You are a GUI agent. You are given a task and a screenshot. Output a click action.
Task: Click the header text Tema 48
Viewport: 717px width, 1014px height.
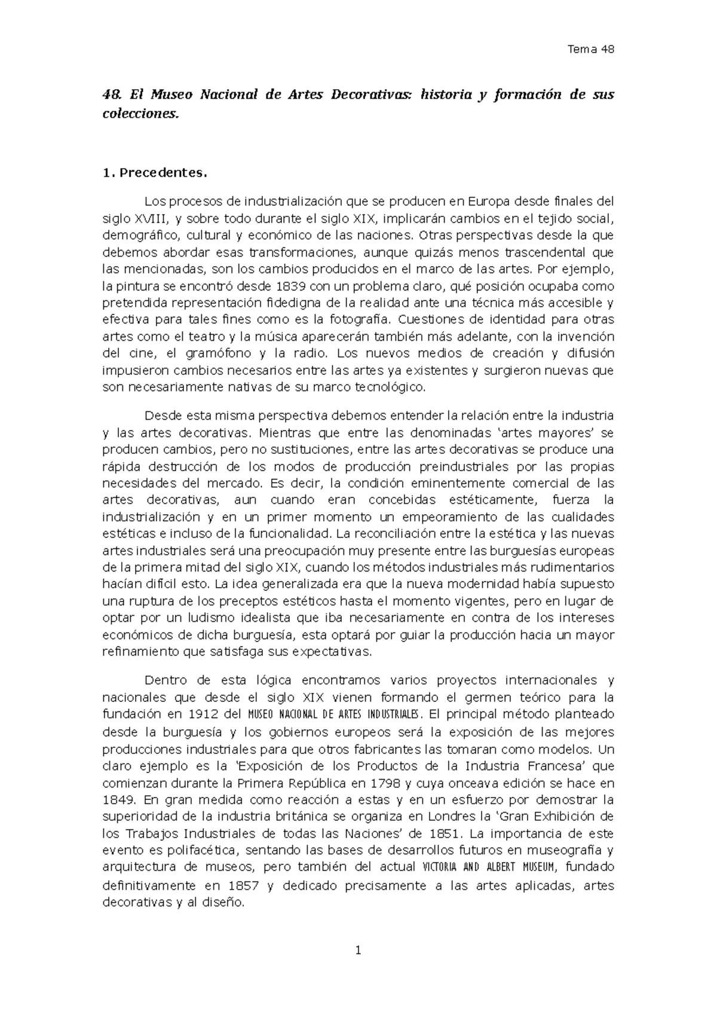[x=590, y=50]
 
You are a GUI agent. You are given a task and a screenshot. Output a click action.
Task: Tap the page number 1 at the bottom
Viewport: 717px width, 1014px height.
[x=358, y=949]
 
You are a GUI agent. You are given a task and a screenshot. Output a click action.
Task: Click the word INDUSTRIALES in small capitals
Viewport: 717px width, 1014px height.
[x=393, y=714]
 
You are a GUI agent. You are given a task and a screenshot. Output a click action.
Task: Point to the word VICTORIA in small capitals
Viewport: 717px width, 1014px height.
[x=441, y=868]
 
